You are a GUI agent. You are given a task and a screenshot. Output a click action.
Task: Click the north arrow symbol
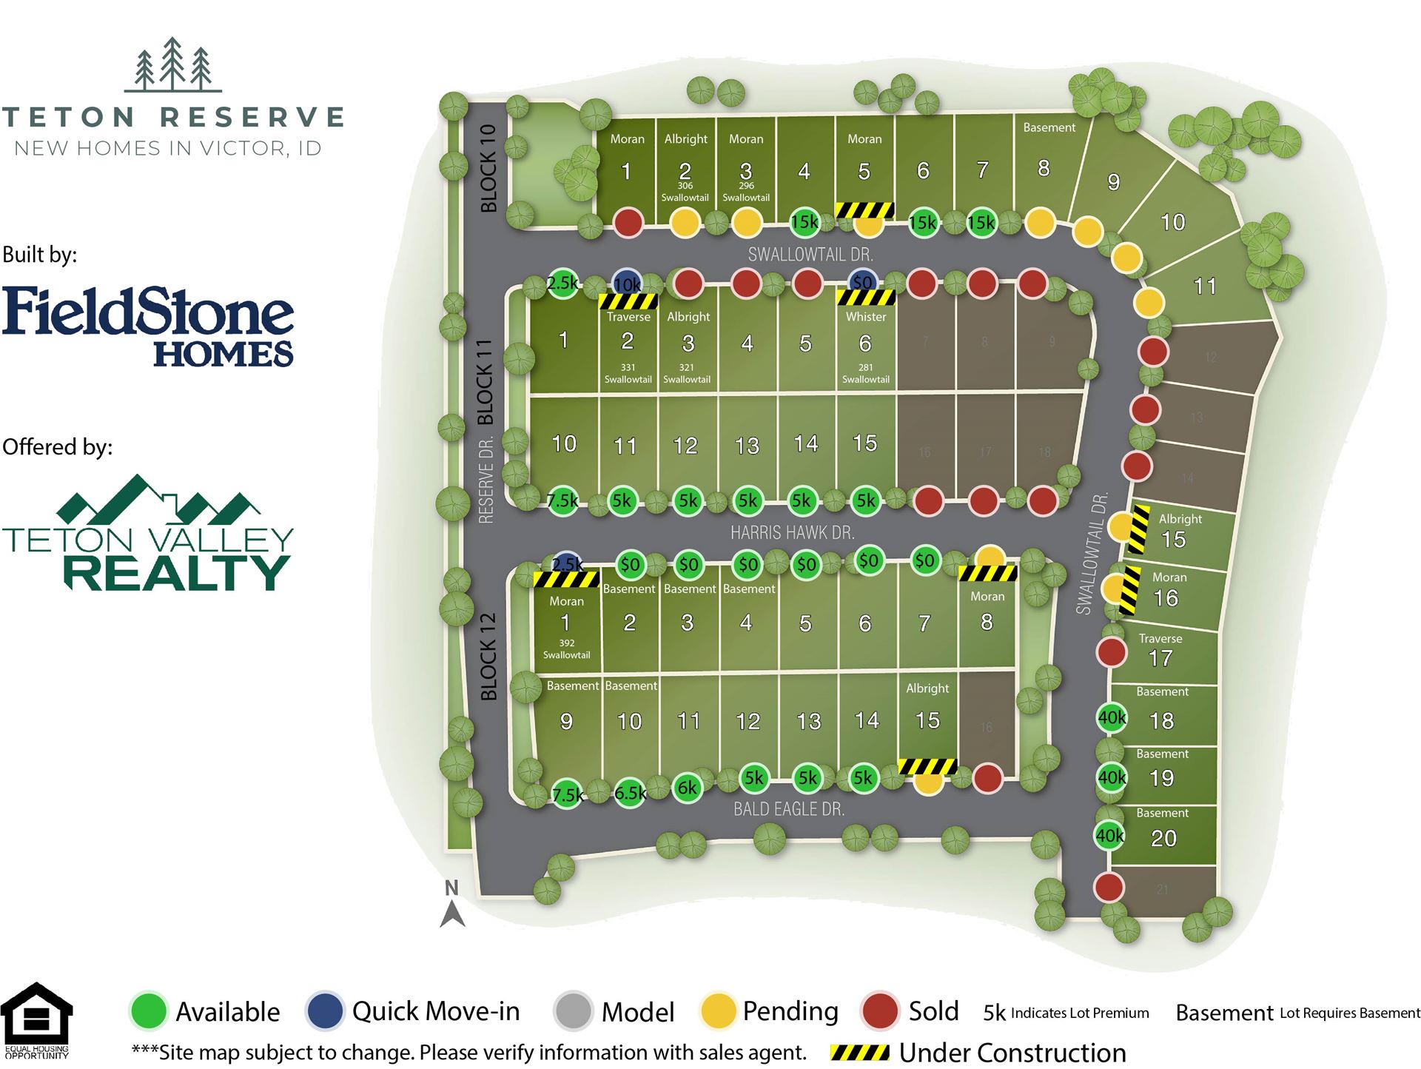pos(452,905)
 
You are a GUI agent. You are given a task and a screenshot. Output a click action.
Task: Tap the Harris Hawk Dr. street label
pos(792,532)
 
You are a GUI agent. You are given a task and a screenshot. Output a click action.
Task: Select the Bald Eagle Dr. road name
pos(788,809)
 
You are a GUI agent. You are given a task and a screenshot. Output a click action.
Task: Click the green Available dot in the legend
pos(149,1011)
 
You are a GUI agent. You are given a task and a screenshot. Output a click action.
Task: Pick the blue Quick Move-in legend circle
pos(325,1011)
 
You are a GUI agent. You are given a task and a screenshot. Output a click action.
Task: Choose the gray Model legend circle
pos(573,1011)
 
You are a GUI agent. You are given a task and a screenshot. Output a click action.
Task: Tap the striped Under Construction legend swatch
pos(859,1053)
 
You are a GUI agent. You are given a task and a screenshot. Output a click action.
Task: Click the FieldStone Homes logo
pos(148,326)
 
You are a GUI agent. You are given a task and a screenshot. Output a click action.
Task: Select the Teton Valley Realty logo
pos(148,533)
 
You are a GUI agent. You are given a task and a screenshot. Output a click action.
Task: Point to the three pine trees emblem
pos(173,64)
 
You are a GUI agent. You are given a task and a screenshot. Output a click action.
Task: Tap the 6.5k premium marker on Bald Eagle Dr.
pos(630,794)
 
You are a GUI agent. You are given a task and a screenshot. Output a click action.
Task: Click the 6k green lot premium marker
pos(688,788)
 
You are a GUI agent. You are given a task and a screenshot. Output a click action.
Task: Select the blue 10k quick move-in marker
pos(627,284)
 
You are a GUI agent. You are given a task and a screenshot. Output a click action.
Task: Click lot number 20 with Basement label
pos(1163,838)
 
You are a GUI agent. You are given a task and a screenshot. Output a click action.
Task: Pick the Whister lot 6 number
pos(864,343)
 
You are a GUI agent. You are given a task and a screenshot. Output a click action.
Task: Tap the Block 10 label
pos(488,168)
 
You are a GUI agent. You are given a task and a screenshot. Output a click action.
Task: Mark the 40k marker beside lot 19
pos(1111,777)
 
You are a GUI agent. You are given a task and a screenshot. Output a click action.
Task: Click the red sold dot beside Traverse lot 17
pos(1111,652)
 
